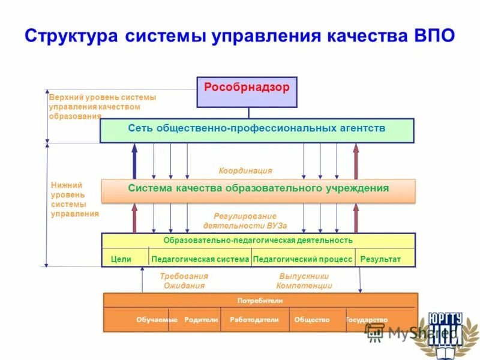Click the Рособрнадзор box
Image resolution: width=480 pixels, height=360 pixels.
coord(247,91)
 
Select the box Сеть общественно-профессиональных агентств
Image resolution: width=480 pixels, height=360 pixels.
coord(256,130)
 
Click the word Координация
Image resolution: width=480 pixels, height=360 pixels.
coord(245,170)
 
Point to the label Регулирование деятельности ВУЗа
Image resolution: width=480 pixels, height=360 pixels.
coord(245,221)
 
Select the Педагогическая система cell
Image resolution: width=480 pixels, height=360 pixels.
coord(200,259)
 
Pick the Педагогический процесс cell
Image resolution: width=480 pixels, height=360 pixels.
coord(303,259)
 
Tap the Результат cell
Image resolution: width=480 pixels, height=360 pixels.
coord(380,259)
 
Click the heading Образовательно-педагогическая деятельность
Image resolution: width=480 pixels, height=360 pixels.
coord(258,241)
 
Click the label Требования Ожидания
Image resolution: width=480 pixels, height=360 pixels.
coord(184,281)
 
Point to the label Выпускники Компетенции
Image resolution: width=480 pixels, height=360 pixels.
coord(305,281)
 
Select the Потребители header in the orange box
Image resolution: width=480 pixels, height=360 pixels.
coord(260,301)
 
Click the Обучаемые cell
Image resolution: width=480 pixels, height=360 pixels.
coord(157,320)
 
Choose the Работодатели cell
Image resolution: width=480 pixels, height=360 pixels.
coord(254,320)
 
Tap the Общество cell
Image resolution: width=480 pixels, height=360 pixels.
coord(312,320)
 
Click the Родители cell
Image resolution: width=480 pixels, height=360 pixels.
coord(201,320)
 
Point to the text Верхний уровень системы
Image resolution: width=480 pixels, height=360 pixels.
coord(103,97)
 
